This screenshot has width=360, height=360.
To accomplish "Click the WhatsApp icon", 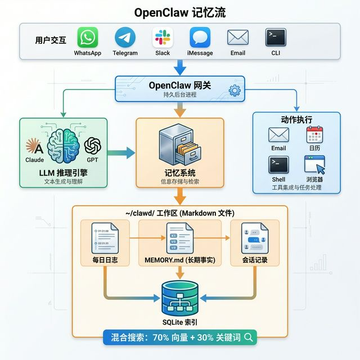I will pyautogui.click(x=87, y=38).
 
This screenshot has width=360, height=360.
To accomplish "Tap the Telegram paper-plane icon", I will pyautogui.click(x=125, y=38).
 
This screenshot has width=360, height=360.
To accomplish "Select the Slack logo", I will pyautogui.click(x=163, y=38).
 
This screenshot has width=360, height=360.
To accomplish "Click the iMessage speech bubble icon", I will pyautogui.click(x=200, y=38).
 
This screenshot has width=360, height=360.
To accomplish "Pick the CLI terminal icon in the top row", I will pyautogui.click(x=276, y=37).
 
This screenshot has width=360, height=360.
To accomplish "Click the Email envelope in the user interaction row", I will pyautogui.click(x=237, y=38).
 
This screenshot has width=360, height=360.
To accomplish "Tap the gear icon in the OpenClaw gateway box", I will pyautogui.click(x=235, y=90).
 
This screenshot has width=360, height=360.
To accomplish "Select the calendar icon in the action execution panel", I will pyautogui.click(x=314, y=135).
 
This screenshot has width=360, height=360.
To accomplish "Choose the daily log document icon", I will pyautogui.click(x=106, y=238).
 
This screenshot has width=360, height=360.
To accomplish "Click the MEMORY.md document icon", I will pyautogui.click(x=179, y=238).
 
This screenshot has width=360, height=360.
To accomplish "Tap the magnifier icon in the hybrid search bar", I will pyautogui.click(x=247, y=337).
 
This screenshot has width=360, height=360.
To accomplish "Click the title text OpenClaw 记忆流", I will pyautogui.click(x=180, y=12).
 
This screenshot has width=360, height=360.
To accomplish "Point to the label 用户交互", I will pyautogui.click(x=51, y=40).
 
